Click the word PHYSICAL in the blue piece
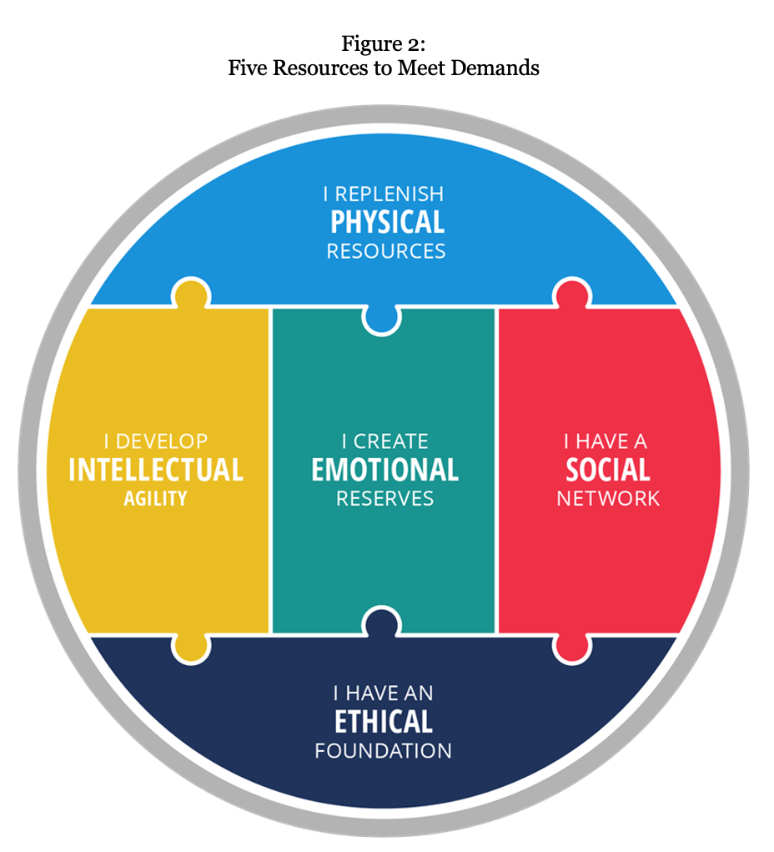(x=387, y=222)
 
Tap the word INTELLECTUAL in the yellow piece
(x=156, y=470)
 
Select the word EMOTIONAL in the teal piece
(x=385, y=470)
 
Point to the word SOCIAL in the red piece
(x=608, y=470)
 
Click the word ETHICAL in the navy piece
(x=384, y=721)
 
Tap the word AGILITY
(x=155, y=499)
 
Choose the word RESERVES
(x=385, y=499)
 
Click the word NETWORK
(x=608, y=499)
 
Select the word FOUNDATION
(x=384, y=750)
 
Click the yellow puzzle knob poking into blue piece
(x=191, y=294)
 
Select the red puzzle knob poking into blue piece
(x=571, y=294)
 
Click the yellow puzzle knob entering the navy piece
(x=191, y=647)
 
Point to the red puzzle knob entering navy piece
(x=571, y=647)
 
